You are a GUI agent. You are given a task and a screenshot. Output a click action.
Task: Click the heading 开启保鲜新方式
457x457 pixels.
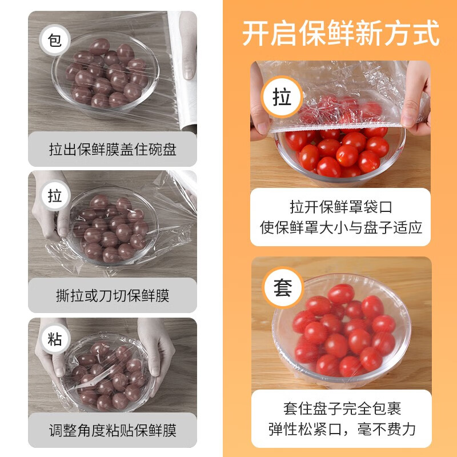click(341, 33)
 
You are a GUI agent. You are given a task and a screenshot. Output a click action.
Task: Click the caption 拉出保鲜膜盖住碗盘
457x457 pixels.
click(113, 150)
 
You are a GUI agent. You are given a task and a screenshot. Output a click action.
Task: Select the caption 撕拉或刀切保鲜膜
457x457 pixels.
click(113, 295)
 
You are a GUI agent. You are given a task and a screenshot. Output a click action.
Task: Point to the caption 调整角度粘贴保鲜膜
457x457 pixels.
click(113, 430)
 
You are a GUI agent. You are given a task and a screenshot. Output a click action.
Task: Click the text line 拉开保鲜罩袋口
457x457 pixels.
click(341, 207)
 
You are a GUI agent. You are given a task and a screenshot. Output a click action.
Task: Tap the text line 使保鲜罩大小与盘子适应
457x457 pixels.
click(341, 227)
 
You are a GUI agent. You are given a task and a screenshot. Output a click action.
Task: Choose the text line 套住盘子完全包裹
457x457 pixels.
click(341, 408)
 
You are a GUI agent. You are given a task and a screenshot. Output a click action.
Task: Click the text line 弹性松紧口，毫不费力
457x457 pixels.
click(341, 429)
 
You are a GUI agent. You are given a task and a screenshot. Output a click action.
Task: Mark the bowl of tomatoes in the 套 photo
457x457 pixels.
click(341, 331)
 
